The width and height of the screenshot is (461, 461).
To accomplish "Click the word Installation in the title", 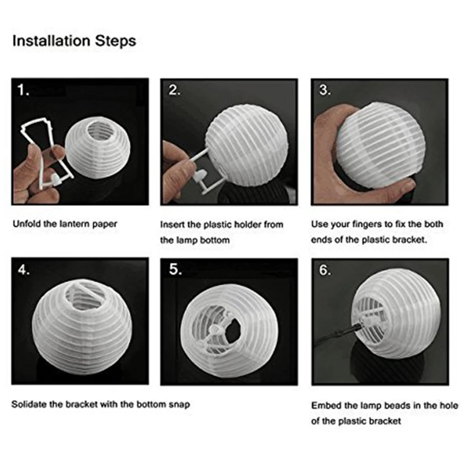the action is [51, 41].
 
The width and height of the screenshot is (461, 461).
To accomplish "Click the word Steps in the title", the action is [116, 41].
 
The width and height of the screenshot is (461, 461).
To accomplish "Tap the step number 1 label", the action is [23, 90].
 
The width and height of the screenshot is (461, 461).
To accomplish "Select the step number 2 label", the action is [174, 90].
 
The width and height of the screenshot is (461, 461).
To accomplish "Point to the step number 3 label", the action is [325, 90].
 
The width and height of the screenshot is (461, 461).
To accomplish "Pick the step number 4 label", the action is [24, 270].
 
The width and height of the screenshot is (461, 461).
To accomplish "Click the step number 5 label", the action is [175, 269].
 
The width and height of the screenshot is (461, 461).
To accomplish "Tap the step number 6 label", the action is [325, 270].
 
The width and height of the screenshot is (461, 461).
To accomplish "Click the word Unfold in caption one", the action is [27, 224].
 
